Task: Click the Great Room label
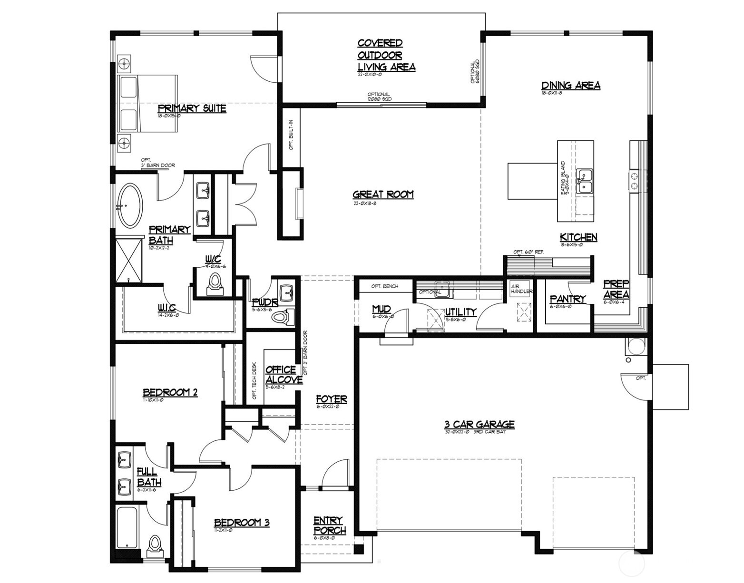point(383,194)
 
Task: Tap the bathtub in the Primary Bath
point(129,205)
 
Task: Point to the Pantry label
point(567,299)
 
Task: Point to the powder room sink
point(287,292)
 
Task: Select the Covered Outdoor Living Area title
point(386,55)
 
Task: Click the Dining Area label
point(570,86)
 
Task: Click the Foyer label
point(331,399)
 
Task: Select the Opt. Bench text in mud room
point(385,286)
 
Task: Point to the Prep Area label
point(616,289)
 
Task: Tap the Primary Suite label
point(192,108)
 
